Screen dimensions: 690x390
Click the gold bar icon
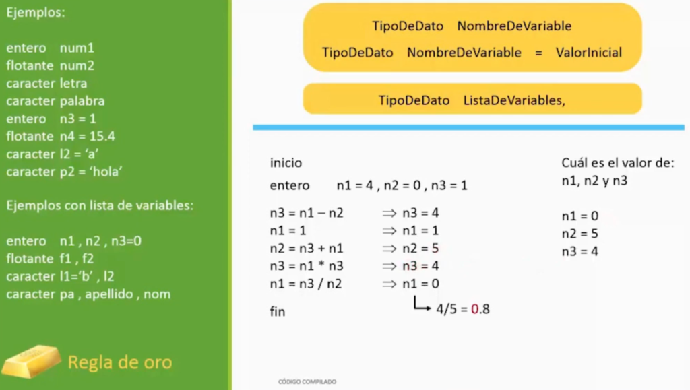click(31, 361)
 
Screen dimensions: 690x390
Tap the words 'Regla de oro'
click(120, 362)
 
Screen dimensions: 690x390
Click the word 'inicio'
click(286, 163)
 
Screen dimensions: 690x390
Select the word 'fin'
click(278, 311)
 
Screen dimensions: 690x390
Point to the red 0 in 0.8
click(474, 309)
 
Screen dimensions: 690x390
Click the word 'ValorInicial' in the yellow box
click(589, 53)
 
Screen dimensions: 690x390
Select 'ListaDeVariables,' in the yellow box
click(514, 100)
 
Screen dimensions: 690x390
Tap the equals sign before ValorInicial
click(538, 53)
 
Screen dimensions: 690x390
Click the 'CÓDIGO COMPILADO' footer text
click(307, 382)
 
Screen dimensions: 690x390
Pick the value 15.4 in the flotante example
click(102, 136)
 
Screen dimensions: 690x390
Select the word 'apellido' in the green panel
click(108, 294)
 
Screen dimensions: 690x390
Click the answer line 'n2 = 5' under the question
click(580, 234)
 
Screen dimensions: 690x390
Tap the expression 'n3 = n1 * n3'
click(307, 266)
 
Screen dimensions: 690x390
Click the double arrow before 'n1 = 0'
click(389, 284)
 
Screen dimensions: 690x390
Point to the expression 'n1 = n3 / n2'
click(306, 284)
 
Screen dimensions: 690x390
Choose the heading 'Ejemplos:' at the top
click(36, 12)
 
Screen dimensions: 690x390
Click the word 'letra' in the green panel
click(73, 83)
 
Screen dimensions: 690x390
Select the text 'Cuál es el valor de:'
click(618, 163)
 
